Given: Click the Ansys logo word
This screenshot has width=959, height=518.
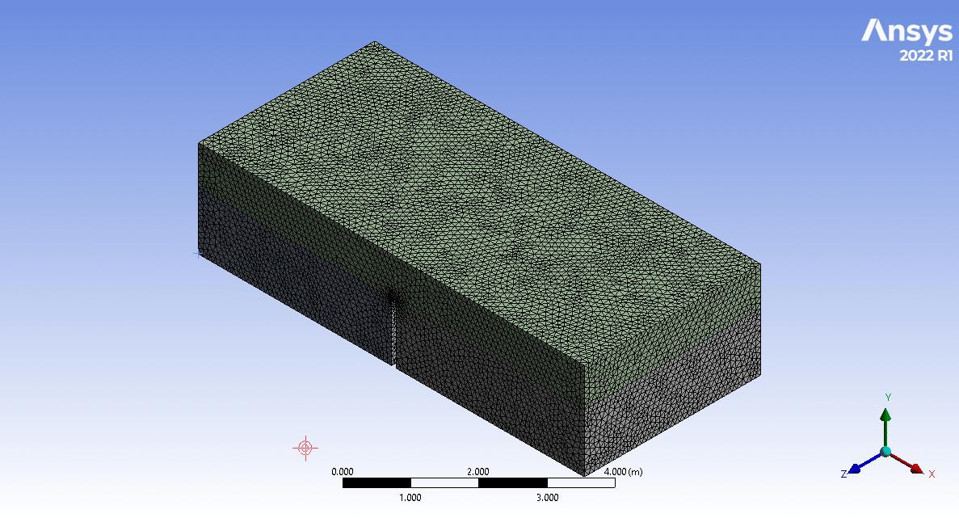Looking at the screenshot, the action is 907,32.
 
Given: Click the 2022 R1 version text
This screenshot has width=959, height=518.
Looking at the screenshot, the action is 926,56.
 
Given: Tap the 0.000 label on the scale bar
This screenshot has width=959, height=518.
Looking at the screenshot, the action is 343,471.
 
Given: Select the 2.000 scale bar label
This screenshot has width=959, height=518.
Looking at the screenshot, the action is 478,471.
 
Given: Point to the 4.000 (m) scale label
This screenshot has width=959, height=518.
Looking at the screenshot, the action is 623,471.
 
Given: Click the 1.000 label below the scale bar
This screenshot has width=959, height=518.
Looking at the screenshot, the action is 410,497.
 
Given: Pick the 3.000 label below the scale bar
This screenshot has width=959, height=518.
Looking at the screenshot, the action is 548,497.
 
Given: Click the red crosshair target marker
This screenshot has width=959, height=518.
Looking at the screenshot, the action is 306,448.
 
